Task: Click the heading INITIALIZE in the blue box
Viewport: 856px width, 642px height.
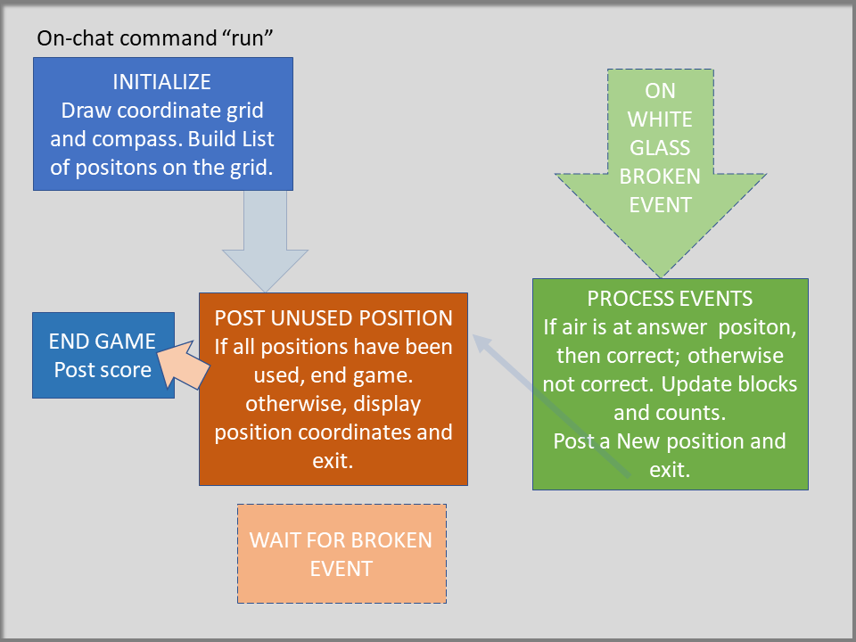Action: point(162,82)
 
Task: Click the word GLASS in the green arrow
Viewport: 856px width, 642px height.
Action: point(660,148)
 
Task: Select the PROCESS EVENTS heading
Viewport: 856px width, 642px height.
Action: point(670,299)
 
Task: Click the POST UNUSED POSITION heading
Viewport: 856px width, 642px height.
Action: point(333,318)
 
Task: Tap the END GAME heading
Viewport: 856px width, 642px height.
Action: point(103,342)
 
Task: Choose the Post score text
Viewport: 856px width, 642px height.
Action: point(103,370)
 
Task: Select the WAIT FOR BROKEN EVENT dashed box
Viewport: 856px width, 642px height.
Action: point(341,554)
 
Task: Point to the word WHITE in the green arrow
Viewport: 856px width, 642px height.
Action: point(660,119)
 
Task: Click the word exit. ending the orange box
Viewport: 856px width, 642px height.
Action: point(333,461)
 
